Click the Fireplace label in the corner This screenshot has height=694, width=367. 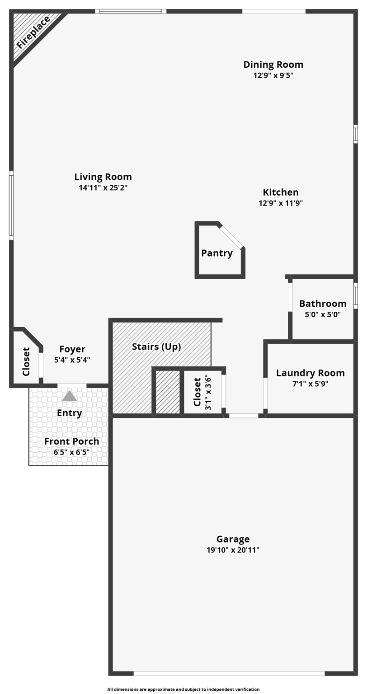33,32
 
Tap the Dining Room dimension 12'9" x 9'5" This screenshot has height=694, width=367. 273,75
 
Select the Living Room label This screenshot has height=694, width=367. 103,177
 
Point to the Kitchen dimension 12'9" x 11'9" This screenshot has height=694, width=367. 280,203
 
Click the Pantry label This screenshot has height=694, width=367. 217,253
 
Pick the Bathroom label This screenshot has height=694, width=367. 323,304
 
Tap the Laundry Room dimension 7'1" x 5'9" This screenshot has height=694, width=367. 310,384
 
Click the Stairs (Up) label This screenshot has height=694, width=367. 156,347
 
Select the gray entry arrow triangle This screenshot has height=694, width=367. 69,396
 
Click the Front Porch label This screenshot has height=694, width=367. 71,441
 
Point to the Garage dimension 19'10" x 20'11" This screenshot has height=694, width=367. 233,550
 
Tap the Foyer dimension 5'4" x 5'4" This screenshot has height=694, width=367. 72,360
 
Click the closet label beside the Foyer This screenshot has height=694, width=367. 26,361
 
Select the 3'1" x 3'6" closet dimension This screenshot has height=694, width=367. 208,392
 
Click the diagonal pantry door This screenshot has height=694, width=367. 232,236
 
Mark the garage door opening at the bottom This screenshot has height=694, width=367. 229,673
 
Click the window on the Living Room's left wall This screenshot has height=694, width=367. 11,206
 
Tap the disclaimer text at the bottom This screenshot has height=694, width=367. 183,689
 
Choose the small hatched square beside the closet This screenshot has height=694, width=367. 168,392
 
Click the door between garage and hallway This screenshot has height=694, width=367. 244,415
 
